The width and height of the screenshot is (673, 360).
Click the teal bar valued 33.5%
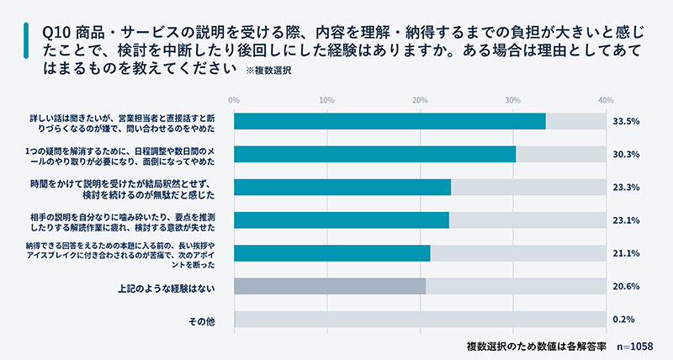tap(389, 121)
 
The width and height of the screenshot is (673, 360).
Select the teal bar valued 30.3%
tap(374, 154)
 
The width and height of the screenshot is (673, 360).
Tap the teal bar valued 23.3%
tap(342, 187)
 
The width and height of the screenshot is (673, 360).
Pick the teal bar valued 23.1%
tap(341, 220)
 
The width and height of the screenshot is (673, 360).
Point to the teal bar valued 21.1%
tap(331, 253)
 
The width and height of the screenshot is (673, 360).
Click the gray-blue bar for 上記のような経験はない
tap(330, 286)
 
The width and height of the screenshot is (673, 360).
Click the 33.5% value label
tap(628, 121)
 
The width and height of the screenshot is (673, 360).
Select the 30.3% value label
tap(628, 154)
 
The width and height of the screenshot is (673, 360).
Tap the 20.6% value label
tap(628, 286)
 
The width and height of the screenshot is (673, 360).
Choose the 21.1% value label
tap(628, 253)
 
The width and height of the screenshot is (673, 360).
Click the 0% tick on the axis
tap(235, 101)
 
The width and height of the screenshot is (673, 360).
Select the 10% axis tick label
tap(327, 101)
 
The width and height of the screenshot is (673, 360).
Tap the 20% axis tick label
tap(420, 101)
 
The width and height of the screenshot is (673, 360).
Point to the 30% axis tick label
tap(512, 101)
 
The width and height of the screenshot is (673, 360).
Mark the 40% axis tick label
tap(605, 101)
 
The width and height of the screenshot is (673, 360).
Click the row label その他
tap(204, 320)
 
